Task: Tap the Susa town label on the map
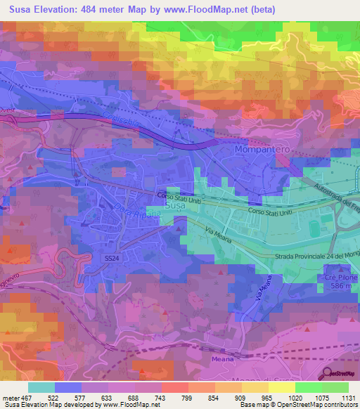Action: click(175, 205)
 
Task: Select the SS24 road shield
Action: click(103, 259)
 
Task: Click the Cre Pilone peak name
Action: click(341, 278)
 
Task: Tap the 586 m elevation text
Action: click(341, 287)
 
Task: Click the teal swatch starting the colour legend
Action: click(41, 387)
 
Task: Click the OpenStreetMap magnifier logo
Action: click(325, 373)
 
